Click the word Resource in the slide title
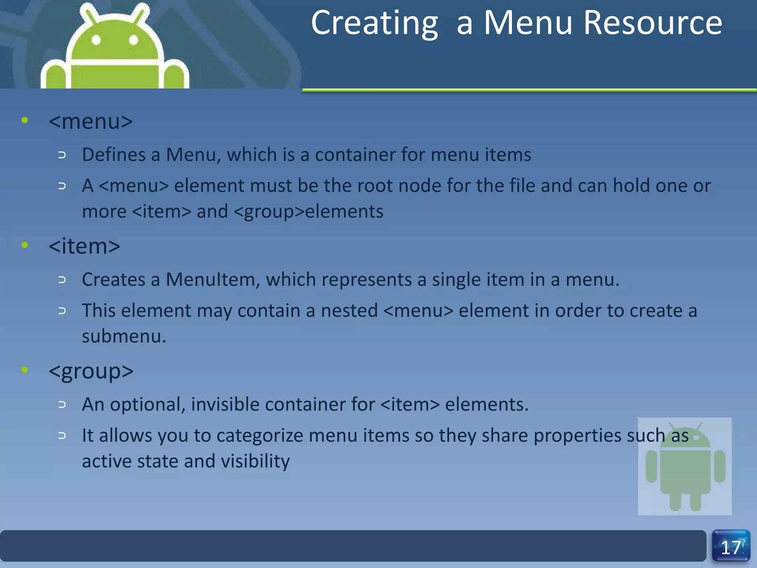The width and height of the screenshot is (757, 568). (x=653, y=23)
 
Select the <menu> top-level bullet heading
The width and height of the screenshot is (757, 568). (x=91, y=121)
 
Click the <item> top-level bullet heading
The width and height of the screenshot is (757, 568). (x=84, y=246)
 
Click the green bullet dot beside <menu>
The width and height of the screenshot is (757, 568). (x=25, y=120)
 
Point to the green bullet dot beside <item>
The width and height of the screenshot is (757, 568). (x=25, y=245)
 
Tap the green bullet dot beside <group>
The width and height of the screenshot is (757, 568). (x=25, y=370)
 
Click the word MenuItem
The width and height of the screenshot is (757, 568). (x=210, y=280)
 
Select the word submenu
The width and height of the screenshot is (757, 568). (x=124, y=337)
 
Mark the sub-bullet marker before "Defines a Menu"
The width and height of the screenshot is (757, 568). (x=62, y=155)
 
